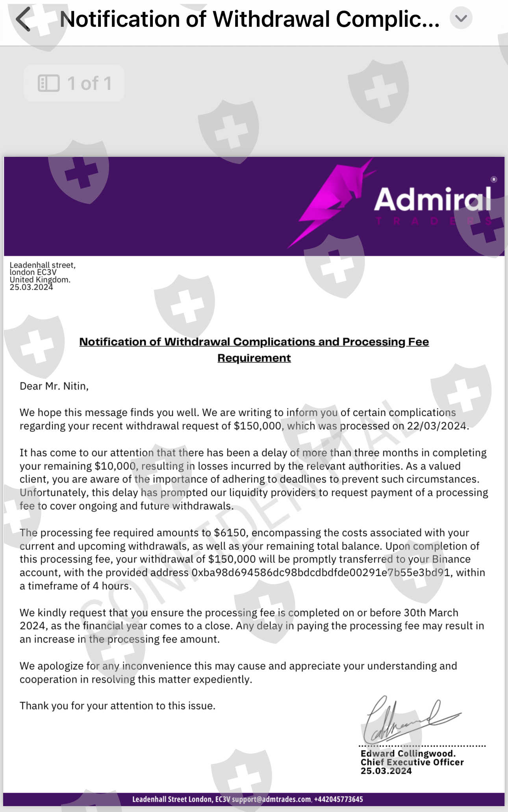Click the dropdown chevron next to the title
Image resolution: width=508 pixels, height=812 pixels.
[x=461, y=18]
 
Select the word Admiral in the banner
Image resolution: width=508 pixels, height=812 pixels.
[x=432, y=199]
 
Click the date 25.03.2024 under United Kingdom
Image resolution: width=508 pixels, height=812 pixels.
[x=31, y=287]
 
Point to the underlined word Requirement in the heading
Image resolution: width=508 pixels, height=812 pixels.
[x=254, y=358]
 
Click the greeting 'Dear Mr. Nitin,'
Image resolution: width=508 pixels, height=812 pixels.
[x=54, y=386]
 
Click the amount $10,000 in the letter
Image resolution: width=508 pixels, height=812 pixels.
[x=115, y=466]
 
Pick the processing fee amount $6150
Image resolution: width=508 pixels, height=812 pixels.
[x=230, y=533]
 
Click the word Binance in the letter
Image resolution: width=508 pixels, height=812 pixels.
[x=451, y=559]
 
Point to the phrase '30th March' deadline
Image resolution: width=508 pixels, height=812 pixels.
[x=431, y=613]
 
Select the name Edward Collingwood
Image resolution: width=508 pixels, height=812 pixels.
[x=408, y=754]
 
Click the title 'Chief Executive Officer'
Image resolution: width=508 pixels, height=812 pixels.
[x=412, y=762]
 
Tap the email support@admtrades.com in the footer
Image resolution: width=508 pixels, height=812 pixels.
[x=271, y=799]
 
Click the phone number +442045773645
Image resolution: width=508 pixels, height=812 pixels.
[x=338, y=799]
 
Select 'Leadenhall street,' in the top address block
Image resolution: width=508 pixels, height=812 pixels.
[x=43, y=265]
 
